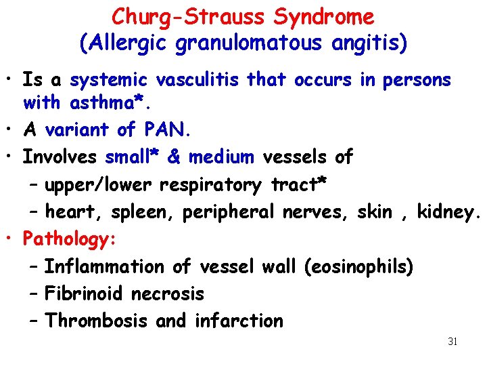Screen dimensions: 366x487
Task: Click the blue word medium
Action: [x=221, y=157]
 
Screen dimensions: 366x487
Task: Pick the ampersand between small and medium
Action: [x=172, y=157]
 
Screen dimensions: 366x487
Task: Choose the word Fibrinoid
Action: [x=85, y=293]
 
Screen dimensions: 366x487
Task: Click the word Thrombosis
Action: [x=95, y=321]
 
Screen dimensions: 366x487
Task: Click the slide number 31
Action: [x=453, y=342]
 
